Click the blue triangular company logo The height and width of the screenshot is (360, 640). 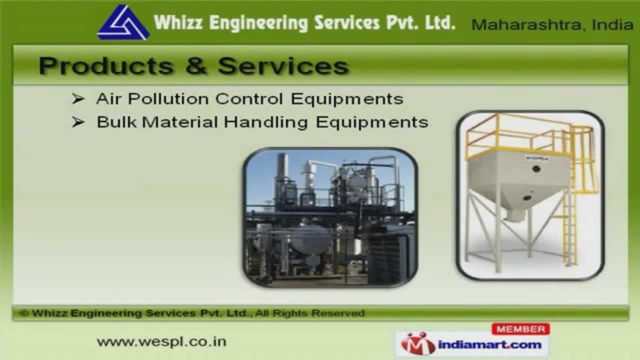click(x=123, y=23)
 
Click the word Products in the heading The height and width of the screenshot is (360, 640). click(x=106, y=66)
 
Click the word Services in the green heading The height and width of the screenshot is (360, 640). click(x=283, y=66)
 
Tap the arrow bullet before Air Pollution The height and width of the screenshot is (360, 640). click(x=77, y=99)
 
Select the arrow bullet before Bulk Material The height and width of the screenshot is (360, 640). click(x=77, y=122)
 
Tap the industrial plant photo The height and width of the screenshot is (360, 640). click(x=330, y=217)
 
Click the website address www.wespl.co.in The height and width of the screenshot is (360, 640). click(x=161, y=342)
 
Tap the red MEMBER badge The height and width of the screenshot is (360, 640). click(x=520, y=329)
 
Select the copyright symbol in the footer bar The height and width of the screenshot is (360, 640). click(x=23, y=313)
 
